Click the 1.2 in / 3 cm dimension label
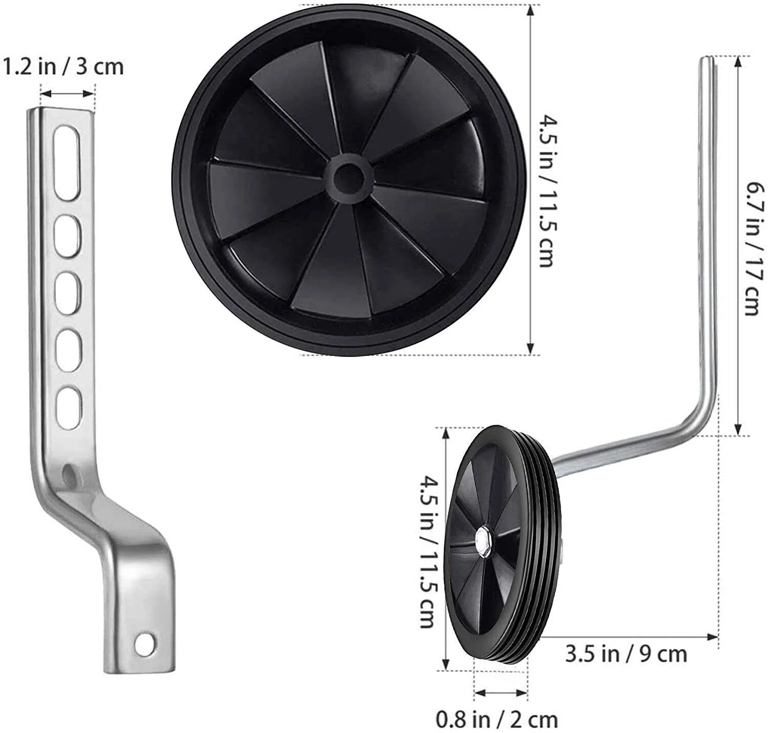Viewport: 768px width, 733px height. [63, 67]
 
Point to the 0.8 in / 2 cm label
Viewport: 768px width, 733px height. [497, 717]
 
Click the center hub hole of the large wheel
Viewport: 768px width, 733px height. [349, 175]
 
